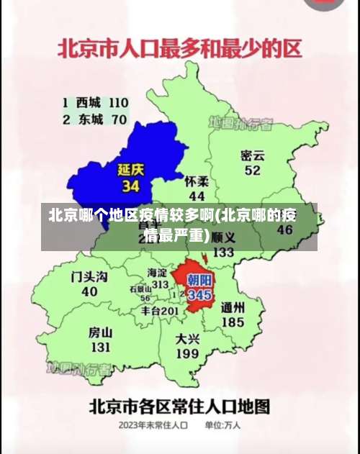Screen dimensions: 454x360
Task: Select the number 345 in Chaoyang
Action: (199, 295)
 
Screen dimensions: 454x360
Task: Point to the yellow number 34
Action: (130, 186)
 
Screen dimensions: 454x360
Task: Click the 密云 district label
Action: (252, 155)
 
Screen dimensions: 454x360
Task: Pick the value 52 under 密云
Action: (252, 171)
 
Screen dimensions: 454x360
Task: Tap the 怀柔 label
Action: (197, 181)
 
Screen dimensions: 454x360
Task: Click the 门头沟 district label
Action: (90, 276)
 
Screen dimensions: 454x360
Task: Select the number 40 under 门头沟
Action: (89, 292)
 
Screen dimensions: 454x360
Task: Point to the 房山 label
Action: (100, 332)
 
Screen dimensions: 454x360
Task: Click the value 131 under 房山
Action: (100, 348)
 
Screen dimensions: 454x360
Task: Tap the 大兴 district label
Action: (187, 338)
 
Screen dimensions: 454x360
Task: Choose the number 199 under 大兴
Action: (187, 354)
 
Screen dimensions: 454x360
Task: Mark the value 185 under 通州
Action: (233, 323)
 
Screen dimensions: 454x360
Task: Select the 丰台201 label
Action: (159, 311)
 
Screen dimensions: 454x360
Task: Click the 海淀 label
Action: (157, 273)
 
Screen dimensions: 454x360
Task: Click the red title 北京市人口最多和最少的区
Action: (180, 50)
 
